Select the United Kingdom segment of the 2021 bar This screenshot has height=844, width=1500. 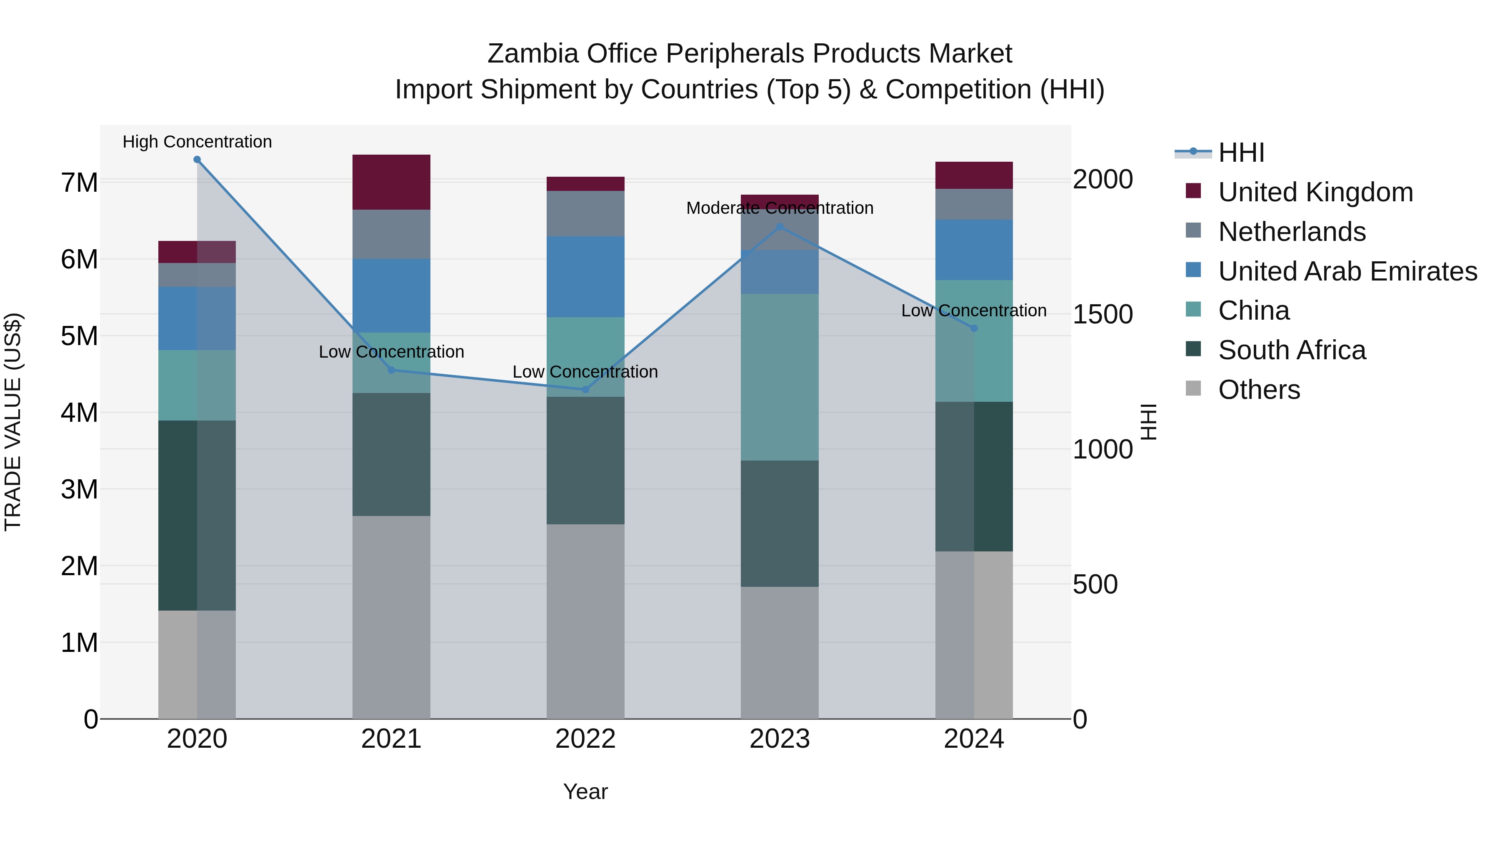391,182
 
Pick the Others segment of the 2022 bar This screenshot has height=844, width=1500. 585,621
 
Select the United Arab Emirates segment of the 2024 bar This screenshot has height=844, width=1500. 974,250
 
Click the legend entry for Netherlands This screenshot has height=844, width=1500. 1292,232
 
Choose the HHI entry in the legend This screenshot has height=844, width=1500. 1240,153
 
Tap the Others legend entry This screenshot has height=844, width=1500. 1258,390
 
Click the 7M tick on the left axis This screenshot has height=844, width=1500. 79,182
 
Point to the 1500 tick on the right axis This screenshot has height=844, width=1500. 1102,315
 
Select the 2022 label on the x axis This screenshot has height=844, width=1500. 585,739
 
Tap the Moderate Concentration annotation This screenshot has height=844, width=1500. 780,208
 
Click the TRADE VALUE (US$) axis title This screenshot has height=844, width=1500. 13,422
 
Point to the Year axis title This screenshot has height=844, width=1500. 585,791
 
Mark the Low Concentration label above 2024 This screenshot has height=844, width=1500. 974,311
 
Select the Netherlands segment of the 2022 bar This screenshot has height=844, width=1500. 585,214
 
